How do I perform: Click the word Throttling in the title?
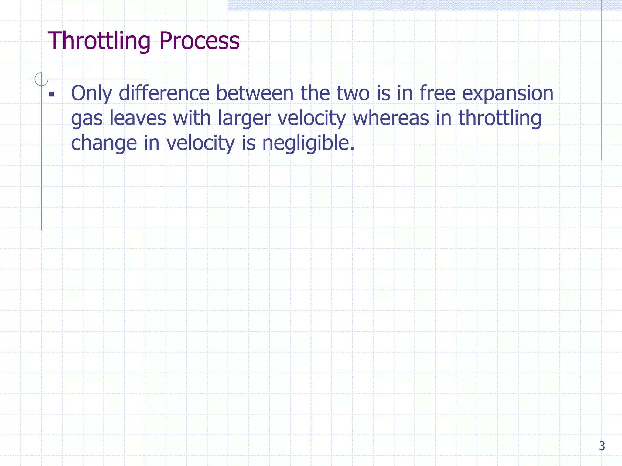coord(99,41)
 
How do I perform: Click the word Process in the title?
coord(199,41)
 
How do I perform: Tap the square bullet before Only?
coord(51,94)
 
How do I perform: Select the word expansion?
coord(508,93)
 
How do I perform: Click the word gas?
coord(87,118)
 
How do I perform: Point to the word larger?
coord(244,118)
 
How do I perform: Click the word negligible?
coord(308,143)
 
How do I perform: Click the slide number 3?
coord(602,446)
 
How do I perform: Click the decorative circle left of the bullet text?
coord(41,79)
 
